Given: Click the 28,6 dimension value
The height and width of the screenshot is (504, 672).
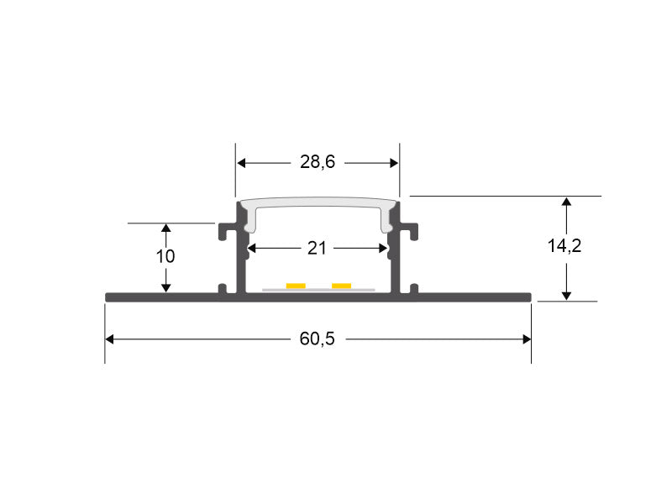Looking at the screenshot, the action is click(318, 162).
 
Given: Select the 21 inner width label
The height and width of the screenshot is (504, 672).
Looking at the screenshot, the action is click(317, 248).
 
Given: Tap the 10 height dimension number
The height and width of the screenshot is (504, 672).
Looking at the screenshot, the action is click(165, 256).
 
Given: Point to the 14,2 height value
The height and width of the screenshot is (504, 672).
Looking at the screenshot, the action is click(564, 245).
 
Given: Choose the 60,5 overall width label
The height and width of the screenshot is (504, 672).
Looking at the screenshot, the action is click(318, 339).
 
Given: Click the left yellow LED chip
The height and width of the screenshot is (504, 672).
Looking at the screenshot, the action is click(296, 286).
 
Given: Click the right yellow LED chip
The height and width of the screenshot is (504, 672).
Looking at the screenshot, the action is click(342, 286).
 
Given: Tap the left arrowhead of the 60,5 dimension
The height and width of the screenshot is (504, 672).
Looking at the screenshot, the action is click(109, 339).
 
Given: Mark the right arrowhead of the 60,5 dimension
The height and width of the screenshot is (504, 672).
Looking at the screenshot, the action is click(527, 339).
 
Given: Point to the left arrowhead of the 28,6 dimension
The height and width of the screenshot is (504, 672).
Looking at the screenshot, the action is click(241, 163).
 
